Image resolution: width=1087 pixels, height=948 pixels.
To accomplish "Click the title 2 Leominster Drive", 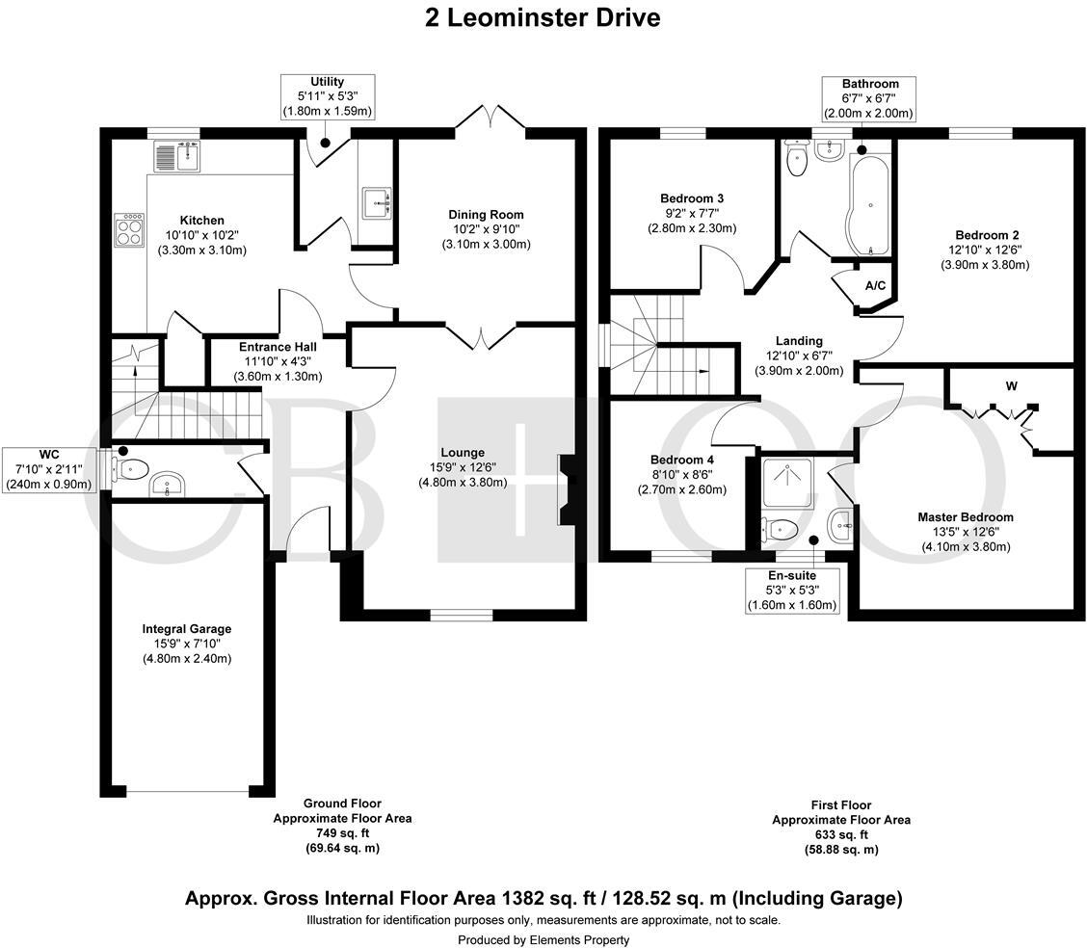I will (543, 18).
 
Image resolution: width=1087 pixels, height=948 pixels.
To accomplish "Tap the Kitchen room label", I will (201, 221).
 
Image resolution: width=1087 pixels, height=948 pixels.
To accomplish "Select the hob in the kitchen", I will (130, 230).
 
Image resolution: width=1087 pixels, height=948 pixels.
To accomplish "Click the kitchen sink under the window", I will (175, 154).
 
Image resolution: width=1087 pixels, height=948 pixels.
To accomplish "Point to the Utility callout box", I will (327, 96).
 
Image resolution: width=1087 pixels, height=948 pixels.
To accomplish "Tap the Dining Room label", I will (486, 215).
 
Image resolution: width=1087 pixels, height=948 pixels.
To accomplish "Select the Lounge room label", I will (463, 453).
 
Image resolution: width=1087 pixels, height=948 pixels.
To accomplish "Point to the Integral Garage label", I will (187, 629).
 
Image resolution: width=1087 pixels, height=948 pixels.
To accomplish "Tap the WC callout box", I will (49, 469).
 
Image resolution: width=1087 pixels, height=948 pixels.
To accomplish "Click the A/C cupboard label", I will (875, 286).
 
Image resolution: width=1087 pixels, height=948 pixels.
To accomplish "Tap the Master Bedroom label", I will (965, 517).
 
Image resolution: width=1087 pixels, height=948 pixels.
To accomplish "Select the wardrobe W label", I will (1011, 386).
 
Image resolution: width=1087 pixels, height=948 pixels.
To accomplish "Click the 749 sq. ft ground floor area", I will (342, 833).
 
